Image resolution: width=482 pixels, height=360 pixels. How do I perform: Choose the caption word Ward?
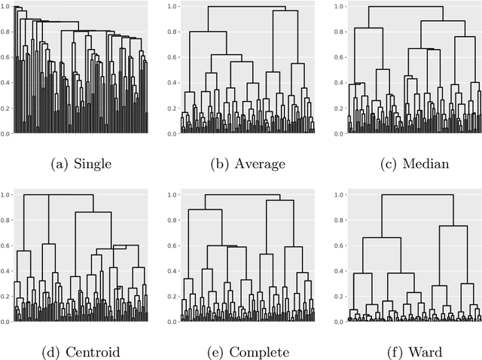point(419,352)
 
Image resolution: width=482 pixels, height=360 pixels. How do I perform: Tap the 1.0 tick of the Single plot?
point(5,6)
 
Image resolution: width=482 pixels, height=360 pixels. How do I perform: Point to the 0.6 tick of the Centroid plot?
point(5,246)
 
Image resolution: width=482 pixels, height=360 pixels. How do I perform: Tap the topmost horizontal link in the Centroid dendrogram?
point(59,195)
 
